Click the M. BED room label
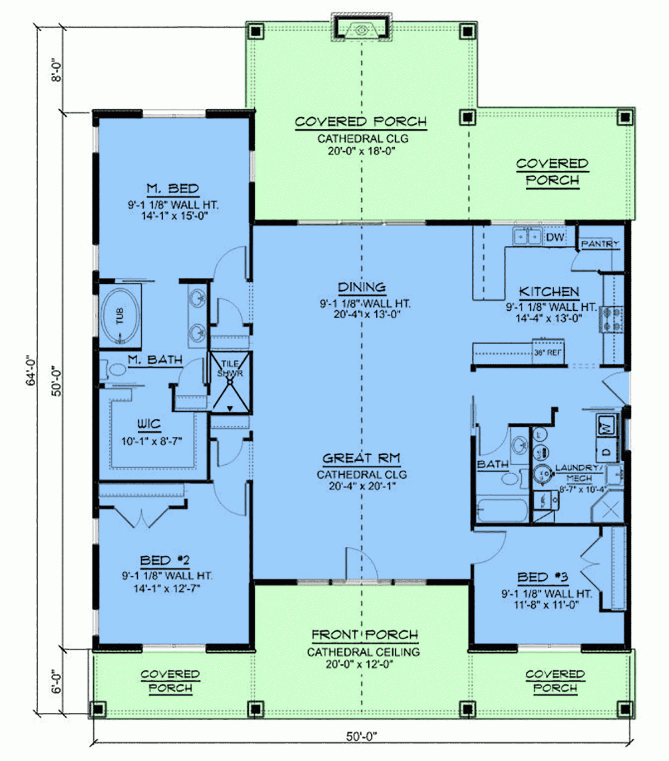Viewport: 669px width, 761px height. pos(172,189)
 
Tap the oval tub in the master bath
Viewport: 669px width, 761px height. pos(120,316)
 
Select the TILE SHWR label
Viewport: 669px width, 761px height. pos(230,368)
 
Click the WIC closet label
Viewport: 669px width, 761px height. pos(149,425)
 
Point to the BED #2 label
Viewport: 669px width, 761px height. pos(165,560)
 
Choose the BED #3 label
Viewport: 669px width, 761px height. pos(542,577)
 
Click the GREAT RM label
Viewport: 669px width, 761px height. pos(361,459)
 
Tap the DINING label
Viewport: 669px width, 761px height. pos(362,287)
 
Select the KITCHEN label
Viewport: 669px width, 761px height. pos(549,292)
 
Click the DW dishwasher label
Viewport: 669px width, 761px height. pos(555,238)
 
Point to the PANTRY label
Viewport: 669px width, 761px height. pos(600,244)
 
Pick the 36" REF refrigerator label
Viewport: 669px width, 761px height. pos(548,353)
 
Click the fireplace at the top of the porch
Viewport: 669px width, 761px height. pos(361,28)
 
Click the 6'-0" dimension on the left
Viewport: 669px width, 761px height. pos(57,682)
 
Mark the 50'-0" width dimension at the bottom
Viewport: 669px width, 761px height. pos(361,736)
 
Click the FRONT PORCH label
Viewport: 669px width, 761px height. pos(365,635)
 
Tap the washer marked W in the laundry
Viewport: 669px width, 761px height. pos(607,426)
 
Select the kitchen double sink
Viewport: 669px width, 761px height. pos(527,237)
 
